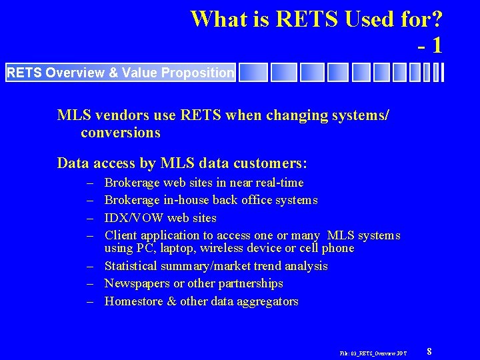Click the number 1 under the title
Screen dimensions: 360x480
[x=435, y=45]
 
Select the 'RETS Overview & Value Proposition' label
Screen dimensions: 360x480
[x=120, y=73]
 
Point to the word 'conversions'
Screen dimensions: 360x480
[x=121, y=133]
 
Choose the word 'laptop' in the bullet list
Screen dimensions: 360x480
[x=175, y=249]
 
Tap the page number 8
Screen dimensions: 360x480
[x=429, y=351]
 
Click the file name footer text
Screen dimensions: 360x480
[x=373, y=352]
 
